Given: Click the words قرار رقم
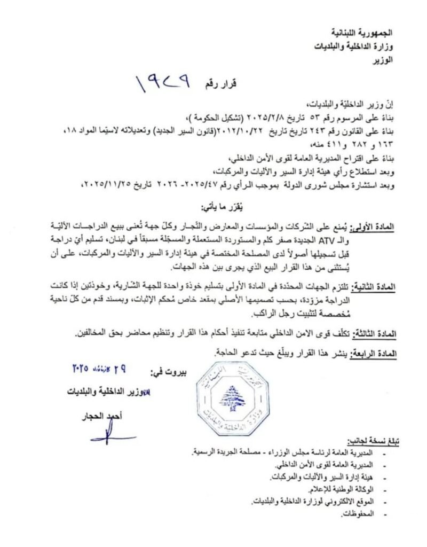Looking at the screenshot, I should pyautogui.click(x=219, y=84).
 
